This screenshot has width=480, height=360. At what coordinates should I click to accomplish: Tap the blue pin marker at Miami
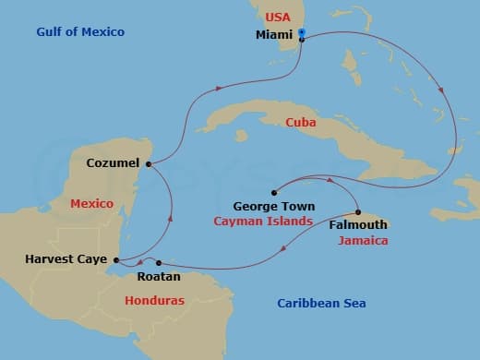point(302,35)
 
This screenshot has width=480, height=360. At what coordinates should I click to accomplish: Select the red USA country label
point(278,18)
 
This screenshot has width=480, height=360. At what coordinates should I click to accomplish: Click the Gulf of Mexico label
point(80,32)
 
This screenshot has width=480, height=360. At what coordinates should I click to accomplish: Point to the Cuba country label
point(303,122)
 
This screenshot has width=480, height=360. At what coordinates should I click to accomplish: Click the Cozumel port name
point(112,163)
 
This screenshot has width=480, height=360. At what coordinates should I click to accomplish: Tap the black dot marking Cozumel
point(148,164)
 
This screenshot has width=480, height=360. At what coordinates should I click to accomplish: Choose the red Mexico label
point(91,203)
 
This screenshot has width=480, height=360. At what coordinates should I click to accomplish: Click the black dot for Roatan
point(159,263)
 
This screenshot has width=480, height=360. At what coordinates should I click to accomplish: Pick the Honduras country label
point(154,301)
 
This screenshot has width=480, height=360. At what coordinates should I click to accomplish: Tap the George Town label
point(274,206)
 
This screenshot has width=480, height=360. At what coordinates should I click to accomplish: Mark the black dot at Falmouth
point(358,211)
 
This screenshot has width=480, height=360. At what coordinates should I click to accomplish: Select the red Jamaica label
point(362,240)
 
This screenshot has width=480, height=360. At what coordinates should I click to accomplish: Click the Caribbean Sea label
point(322,304)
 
